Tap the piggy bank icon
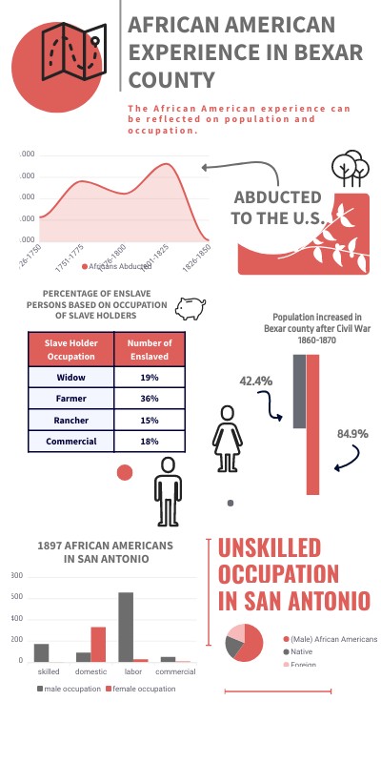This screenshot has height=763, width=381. point(193,307)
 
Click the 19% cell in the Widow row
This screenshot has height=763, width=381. point(149,378)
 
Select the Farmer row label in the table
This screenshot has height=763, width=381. point(71,399)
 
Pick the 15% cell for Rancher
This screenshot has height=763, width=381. point(149,420)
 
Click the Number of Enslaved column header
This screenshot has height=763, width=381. point(149,350)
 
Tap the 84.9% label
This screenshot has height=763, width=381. point(352,435)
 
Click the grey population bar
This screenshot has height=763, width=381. point(299,391)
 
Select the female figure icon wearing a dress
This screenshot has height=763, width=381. point(228,438)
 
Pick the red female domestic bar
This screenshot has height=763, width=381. point(98,644)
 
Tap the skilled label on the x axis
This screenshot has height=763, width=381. point(49,671)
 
